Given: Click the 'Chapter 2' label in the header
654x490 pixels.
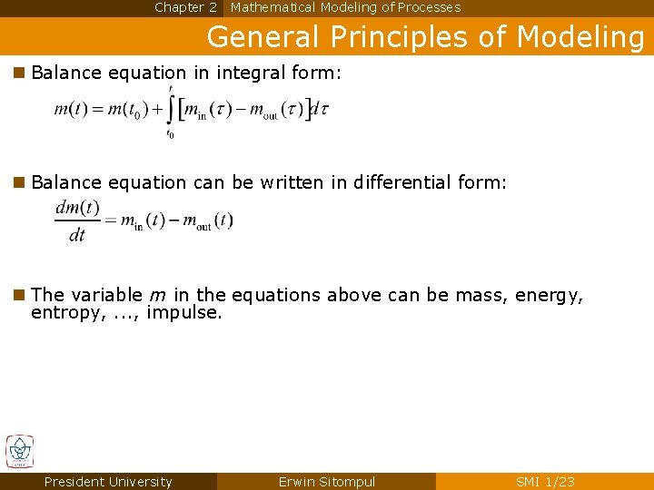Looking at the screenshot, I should [x=185, y=7].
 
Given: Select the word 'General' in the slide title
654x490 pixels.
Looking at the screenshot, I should [x=263, y=37].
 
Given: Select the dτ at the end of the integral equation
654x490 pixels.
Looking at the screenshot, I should [x=319, y=110].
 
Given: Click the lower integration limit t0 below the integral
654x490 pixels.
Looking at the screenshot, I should [x=170, y=134].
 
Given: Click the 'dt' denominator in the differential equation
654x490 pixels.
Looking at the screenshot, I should [x=77, y=236].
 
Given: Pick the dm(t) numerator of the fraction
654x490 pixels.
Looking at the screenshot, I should [x=77, y=207].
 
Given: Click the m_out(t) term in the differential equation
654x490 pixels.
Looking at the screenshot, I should [x=208, y=220].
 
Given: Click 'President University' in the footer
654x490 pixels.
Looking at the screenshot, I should [x=108, y=482].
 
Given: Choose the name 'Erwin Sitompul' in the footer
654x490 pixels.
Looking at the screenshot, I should [x=326, y=482].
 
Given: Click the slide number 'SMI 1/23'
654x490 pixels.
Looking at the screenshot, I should [x=545, y=482].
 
